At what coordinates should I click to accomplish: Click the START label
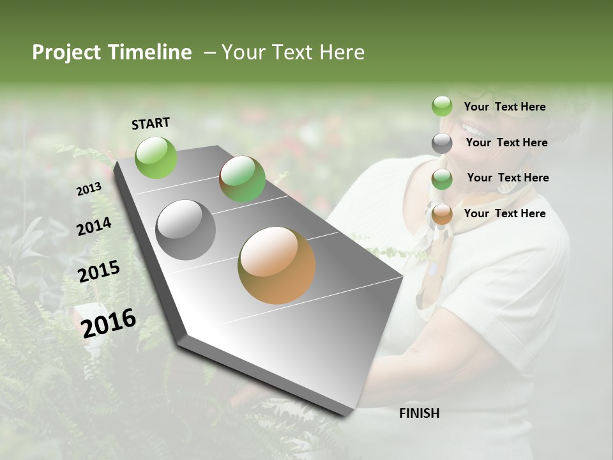(151, 123)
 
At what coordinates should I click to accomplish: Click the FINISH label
(419, 413)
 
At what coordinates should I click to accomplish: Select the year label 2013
(89, 189)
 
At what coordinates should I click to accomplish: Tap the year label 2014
(94, 227)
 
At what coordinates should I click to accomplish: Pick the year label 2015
(99, 272)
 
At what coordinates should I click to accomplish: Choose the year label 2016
(109, 323)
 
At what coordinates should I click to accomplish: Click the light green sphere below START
(156, 157)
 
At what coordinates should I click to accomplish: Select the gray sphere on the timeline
(186, 230)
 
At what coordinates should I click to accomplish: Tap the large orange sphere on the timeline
(276, 265)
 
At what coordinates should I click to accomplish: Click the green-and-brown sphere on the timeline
(242, 180)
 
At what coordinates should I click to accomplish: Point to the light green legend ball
(442, 107)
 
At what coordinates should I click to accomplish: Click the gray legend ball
(442, 143)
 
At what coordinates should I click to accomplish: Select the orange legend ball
(442, 214)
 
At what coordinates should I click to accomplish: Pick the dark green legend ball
(442, 179)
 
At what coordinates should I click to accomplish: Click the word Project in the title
(68, 52)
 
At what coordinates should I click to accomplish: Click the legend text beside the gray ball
(506, 142)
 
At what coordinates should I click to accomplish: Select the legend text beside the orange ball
(504, 213)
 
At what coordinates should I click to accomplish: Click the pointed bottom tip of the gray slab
(348, 414)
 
